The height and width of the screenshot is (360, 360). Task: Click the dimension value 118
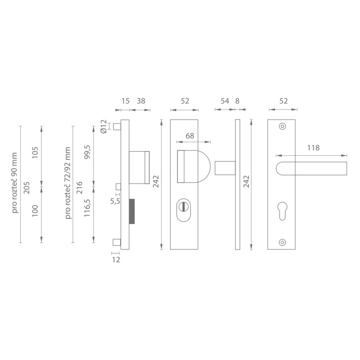click(313, 148)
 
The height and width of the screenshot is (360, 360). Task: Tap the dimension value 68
click(190, 136)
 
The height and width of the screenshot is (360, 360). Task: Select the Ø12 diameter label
click(103, 126)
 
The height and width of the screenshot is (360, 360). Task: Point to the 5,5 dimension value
click(115, 201)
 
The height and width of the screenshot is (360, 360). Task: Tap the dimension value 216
click(79, 187)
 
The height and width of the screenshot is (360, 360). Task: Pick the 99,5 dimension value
click(88, 151)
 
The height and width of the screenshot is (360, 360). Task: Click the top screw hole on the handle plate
click(282, 126)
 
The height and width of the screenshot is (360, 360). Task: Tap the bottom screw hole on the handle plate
click(282, 242)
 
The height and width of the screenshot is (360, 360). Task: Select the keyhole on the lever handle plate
click(282, 211)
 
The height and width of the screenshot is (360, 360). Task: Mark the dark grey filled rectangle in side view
click(132, 211)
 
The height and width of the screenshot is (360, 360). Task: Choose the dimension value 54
click(225, 101)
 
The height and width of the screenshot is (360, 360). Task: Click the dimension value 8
click(237, 101)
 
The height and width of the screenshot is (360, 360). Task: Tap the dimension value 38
click(141, 101)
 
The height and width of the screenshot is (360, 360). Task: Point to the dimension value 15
click(126, 101)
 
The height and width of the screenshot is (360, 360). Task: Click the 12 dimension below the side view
click(116, 260)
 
